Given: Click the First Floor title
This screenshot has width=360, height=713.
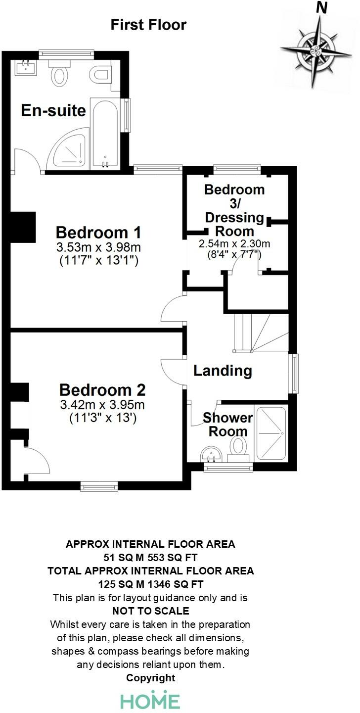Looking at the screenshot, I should [148, 25].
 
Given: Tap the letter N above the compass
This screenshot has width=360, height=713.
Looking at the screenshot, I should [322, 7].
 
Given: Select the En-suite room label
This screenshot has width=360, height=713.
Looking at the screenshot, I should [53, 110].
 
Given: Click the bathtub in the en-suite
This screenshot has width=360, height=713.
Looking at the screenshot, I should [105, 134].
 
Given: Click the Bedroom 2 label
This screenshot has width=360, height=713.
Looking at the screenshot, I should [102, 390].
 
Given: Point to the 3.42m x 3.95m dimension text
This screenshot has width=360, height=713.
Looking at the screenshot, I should [102, 405].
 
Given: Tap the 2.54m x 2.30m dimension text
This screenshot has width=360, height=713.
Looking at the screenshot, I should [234, 244].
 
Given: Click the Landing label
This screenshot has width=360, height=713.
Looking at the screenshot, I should [223, 370].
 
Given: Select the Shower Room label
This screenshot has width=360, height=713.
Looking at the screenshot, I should [227, 424].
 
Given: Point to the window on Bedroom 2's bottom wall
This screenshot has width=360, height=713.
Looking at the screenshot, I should [99, 487].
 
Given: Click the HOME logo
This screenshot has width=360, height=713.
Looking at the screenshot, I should [151, 701].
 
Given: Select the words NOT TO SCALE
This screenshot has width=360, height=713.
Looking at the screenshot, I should [151, 611].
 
